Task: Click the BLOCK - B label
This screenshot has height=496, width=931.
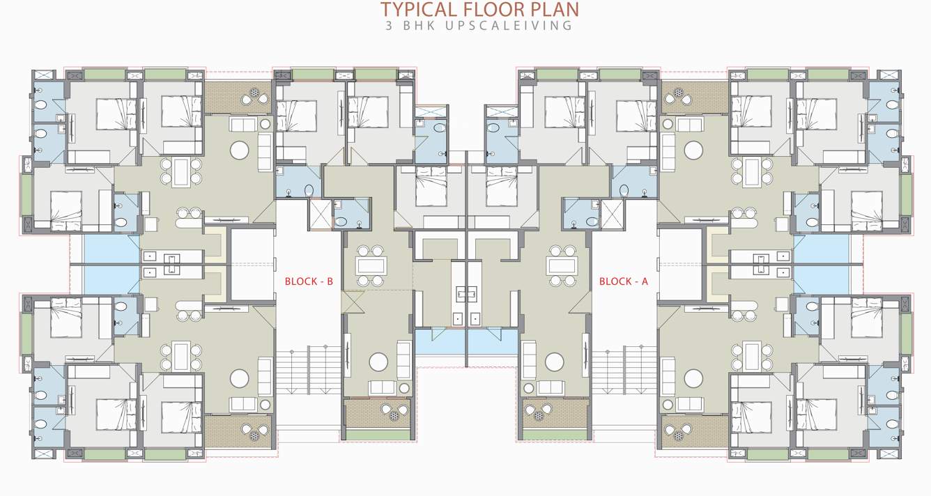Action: coord(309,282)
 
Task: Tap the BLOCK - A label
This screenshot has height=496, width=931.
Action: coord(623,282)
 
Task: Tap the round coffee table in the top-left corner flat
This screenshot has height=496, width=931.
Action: coord(239,150)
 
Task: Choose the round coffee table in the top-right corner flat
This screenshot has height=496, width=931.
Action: coord(693,150)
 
